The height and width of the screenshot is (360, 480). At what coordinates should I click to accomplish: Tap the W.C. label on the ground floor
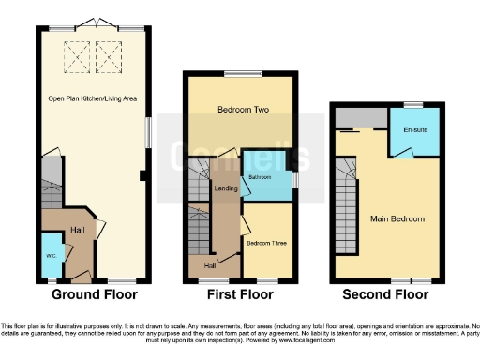[x=50, y=257]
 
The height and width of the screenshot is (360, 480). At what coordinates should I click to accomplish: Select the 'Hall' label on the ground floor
[x=79, y=230]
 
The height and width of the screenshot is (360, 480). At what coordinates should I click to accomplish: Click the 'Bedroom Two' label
[x=243, y=110]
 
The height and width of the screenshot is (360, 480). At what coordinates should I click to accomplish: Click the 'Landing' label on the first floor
[x=226, y=188]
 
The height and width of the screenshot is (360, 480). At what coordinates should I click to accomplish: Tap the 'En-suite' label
[x=414, y=128]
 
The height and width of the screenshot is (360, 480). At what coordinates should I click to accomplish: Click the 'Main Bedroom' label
[x=398, y=219]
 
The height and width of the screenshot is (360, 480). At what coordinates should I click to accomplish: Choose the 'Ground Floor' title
[x=94, y=294]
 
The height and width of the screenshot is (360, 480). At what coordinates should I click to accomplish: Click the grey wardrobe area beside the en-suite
[x=360, y=117]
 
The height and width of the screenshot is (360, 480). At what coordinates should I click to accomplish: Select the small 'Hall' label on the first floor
[x=211, y=266]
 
